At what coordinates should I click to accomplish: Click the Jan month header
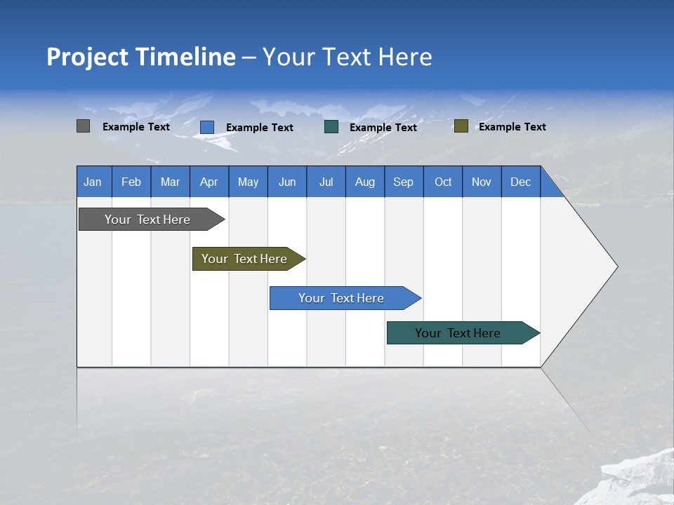pos(93,182)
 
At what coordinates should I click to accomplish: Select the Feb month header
pos(131,182)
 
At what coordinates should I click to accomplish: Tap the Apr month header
pos(209,182)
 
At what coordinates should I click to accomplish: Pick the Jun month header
pos(287,182)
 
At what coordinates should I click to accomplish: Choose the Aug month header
pos(365,182)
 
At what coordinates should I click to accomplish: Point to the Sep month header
pos(404,182)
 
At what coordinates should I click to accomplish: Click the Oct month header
pos(443,182)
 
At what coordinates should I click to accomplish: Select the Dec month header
pos(521,182)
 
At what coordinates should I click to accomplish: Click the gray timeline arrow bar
pos(148,220)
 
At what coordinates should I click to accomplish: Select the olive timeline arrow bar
pos(245,259)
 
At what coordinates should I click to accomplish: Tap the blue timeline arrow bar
pos(342,298)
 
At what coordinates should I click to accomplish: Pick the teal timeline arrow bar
pos(458,333)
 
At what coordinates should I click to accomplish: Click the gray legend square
pos(83,126)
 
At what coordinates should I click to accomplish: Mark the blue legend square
pos(207,127)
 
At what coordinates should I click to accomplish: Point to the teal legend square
pos(331,127)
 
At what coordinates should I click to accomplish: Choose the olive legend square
pos(461,126)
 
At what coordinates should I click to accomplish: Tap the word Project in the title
pos(87,57)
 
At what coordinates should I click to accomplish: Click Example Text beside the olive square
pos(513,127)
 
